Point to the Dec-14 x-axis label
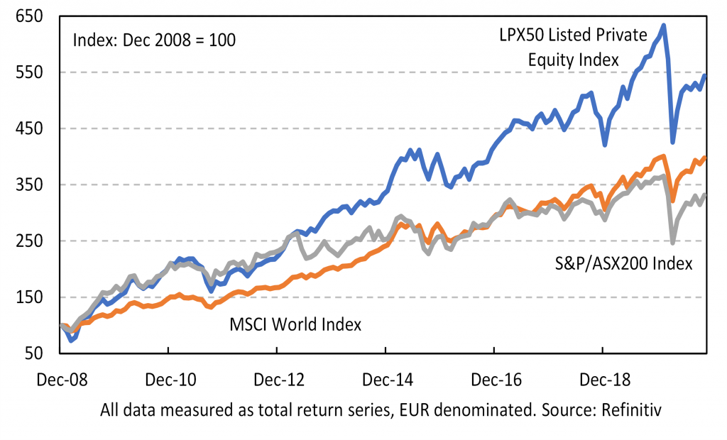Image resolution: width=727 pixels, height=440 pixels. point(386,380)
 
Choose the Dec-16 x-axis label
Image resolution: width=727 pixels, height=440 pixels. point(494,380)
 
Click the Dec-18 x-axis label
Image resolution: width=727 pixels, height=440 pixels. point(603,380)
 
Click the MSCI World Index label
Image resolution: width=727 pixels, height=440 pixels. point(295,325)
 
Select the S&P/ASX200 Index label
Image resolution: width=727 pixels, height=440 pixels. point(623,264)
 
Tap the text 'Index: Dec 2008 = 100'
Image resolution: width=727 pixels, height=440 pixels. point(154,40)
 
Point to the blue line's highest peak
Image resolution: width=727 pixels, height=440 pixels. point(663,26)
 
